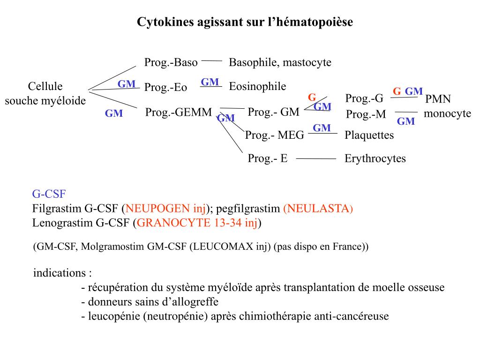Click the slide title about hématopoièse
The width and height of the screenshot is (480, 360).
click(244, 22)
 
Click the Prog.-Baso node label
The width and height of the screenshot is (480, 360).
click(171, 62)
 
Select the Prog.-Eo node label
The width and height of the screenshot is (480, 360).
click(165, 88)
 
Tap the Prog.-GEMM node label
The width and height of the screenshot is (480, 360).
click(179, 112)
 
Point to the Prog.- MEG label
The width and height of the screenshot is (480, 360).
click(275, 135)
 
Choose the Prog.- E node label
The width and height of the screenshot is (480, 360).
click(267, 158)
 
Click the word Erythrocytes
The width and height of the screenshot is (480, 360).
click(375, 158)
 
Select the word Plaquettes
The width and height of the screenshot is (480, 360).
click(369, 135)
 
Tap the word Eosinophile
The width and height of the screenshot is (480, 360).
click(257, 86)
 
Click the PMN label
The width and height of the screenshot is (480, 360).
click(438, 99)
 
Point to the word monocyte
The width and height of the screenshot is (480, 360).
click(447, 113)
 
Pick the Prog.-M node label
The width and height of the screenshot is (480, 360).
click(366, 114)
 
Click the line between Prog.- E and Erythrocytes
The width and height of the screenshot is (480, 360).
click(316, 159)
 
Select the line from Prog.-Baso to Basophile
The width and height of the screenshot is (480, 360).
click(212, 60)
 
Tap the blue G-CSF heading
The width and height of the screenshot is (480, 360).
click(49, 193)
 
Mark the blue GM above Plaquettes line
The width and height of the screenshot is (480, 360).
click(322, 128)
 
